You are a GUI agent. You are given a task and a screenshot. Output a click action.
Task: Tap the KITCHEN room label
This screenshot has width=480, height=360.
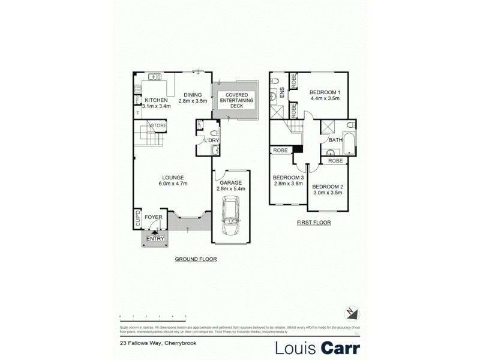pyautogui.click(x=155, y=100)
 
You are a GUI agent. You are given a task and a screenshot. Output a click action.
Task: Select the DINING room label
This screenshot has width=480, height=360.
pyautogui.click(x=193, y=94)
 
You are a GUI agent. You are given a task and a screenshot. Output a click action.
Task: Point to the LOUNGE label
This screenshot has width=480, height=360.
pyautogui.click(x=172, y=177)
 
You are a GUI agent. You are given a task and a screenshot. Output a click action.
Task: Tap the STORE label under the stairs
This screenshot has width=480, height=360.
pyautogui.click(x=159, y=125)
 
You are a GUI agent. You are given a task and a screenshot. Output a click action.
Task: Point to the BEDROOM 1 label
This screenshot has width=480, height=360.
pyautogui.click(x=325, y=92)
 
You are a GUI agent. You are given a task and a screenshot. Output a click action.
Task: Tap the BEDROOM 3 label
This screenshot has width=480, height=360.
pyautogui.click(x=288, y=178)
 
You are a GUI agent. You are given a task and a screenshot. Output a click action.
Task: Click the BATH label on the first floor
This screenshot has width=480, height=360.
pyautogui.click(x=335, y=140)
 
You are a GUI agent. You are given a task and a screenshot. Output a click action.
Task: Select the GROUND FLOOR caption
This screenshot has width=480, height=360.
pyautogui.click(x=196, y=259)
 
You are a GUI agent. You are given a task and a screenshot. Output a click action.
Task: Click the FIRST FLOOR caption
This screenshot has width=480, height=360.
pyautogui.click(x=314, y=222)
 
